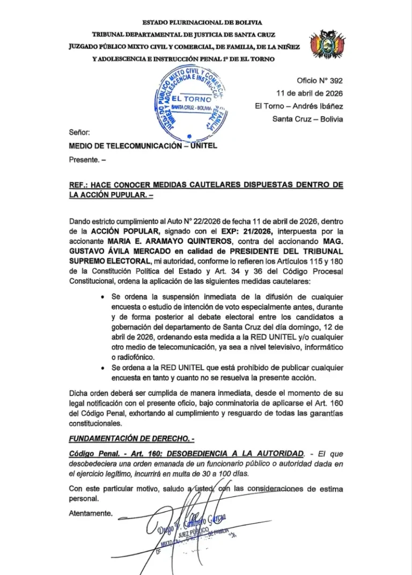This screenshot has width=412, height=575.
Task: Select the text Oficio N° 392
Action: [320, 81]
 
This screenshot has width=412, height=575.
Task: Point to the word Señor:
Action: [80, 132]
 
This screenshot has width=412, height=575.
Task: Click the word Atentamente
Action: [91, 513]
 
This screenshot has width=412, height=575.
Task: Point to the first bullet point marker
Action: [102, 297]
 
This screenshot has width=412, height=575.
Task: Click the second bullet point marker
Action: [102, 367]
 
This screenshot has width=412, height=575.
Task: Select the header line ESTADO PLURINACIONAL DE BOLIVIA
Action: [202, 23]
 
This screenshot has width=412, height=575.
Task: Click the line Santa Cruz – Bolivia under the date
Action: [307, 119]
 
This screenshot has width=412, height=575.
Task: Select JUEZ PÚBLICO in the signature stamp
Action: [201, 530]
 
